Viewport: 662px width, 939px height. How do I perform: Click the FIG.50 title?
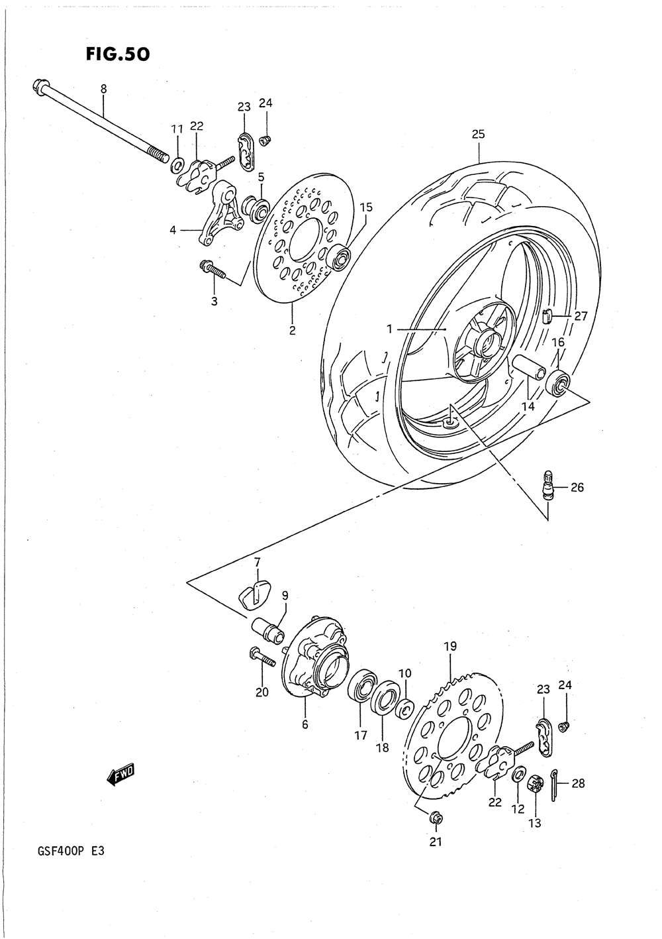(x=118, y=54)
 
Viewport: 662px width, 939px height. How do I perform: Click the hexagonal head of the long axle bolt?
(x=37, y=86)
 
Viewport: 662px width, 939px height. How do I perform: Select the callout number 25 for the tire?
(x=478, y=134)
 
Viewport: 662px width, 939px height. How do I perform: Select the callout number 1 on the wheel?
(x=390, y=328)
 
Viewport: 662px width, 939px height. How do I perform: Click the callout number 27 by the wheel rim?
(x=581, y=316)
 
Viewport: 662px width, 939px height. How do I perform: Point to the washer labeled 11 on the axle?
(x=178, y=164)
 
